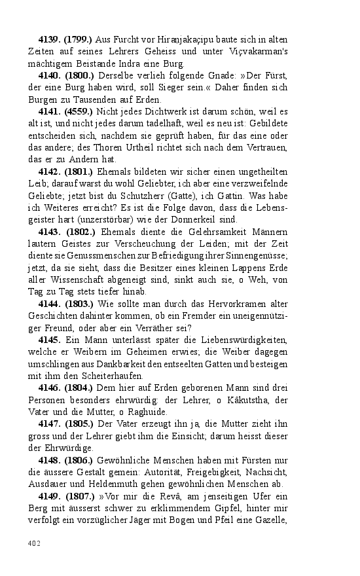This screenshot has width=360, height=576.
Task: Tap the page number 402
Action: point(33,543)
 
